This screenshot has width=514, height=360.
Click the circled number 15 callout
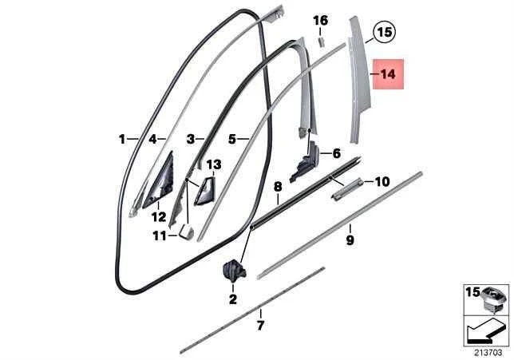pyautogui.click(x=385, y=32)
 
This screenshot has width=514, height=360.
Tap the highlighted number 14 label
pyautogui.click(x=388, y=74)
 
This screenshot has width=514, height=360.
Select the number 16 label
pyautogui.click(x=320, y=21)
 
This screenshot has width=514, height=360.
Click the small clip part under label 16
pyautogui.click(x=321, y=42)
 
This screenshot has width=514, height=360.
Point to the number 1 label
pyautogui.click(x=122, y=140)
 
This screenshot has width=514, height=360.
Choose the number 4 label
pyautogui.click(x=152, y=140)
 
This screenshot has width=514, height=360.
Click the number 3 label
pyautogui.click(x=191, y=140)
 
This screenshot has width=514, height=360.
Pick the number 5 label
pyautogui.click(x=232, y=140)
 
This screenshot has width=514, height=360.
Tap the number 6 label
pyautogui.click(x=337, y=153)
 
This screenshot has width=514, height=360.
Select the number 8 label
pyautogui.click(x=278, y=187)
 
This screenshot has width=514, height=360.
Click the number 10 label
pyautogui.click(x=382, y=181)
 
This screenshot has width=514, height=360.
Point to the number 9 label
pyautogui.click(x=350, y=240)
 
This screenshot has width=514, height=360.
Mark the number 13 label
pyautogui.click(x=214, y=164)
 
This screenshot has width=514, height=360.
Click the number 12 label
pyautogui.click(x=159, y=217)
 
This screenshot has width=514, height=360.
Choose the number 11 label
pyautogui.click(x=160, y=235)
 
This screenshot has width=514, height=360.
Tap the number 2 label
pyautogui.click(x=233, y=299)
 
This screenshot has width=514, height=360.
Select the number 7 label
pyautogui.click(x=260, y=326)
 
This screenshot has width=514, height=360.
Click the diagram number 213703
pyautogui.click(x=488, y=353)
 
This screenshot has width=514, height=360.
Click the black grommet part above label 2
pyautogui.click(x=234, y=270)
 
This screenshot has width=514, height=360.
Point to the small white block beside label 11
pyautogui.click(x=186, y=231)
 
